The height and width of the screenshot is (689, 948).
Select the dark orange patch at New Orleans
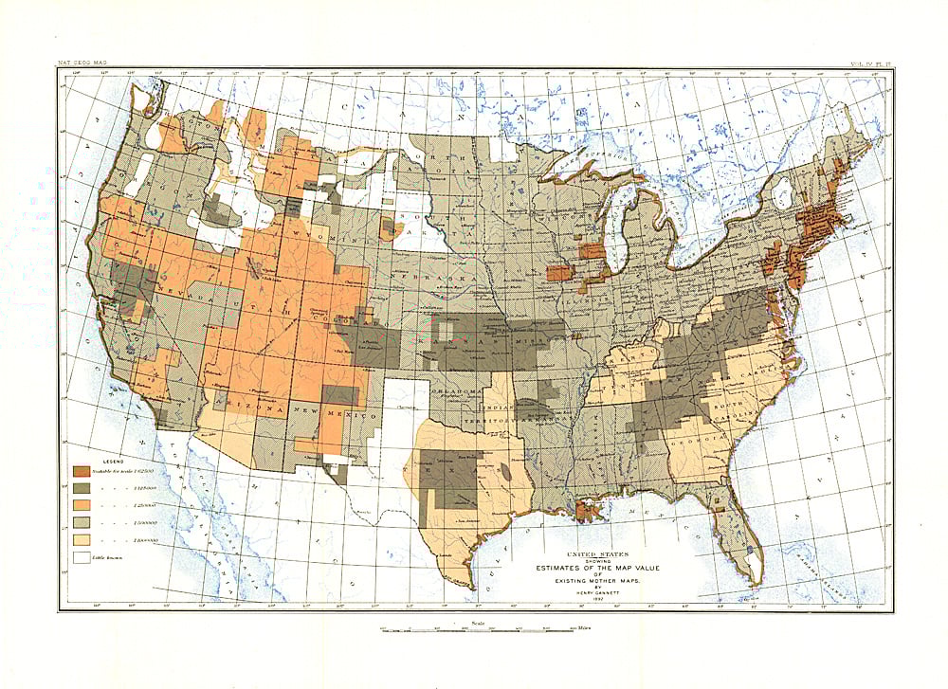coord(588,512)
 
